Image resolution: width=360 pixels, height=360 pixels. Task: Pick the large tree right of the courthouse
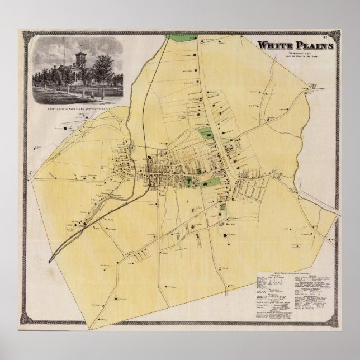tap(104, 70)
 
